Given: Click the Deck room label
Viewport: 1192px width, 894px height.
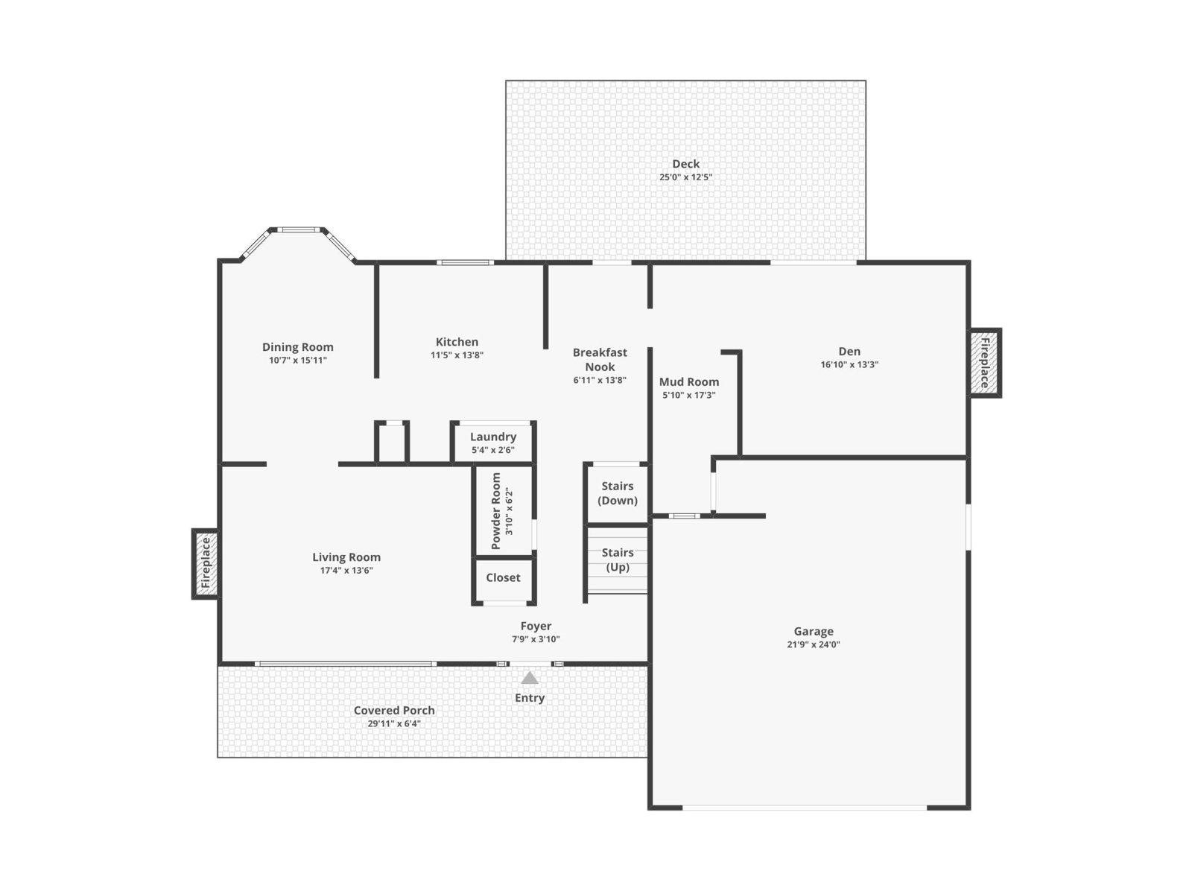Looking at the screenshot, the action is coord(685,163).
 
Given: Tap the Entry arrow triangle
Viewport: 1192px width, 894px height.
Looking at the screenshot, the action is coord(530,677).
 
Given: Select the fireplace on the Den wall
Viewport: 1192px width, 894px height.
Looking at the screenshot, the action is coord(985,363).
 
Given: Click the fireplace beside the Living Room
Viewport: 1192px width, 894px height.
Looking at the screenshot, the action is coord(206,563).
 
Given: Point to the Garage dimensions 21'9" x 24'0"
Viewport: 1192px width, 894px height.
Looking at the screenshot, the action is coord(813,644).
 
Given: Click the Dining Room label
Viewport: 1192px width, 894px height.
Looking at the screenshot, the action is coord(297,347).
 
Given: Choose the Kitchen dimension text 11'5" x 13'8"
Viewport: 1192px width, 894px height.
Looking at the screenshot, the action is coord(457,355).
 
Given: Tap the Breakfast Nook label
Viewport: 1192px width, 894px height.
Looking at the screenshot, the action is coord(600,359).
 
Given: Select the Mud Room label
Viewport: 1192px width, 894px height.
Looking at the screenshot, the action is coord(688,381).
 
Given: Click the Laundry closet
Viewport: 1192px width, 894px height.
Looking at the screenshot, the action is coord(493,443).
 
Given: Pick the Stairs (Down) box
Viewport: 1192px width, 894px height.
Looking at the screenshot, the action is coord(617,493).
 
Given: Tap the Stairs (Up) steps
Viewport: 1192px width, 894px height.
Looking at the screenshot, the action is coord(618,559).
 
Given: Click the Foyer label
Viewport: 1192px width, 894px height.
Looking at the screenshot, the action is coord(536,626).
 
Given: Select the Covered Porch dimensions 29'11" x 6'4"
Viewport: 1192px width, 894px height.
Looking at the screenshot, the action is coord(393,723).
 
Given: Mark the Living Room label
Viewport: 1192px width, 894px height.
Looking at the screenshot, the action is coord(346,557).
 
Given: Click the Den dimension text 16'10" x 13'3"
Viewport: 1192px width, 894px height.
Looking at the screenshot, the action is coord(849,365).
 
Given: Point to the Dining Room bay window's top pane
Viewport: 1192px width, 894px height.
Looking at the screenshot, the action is coord(298,229).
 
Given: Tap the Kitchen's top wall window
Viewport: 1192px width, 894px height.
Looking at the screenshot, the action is coord(466,263).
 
